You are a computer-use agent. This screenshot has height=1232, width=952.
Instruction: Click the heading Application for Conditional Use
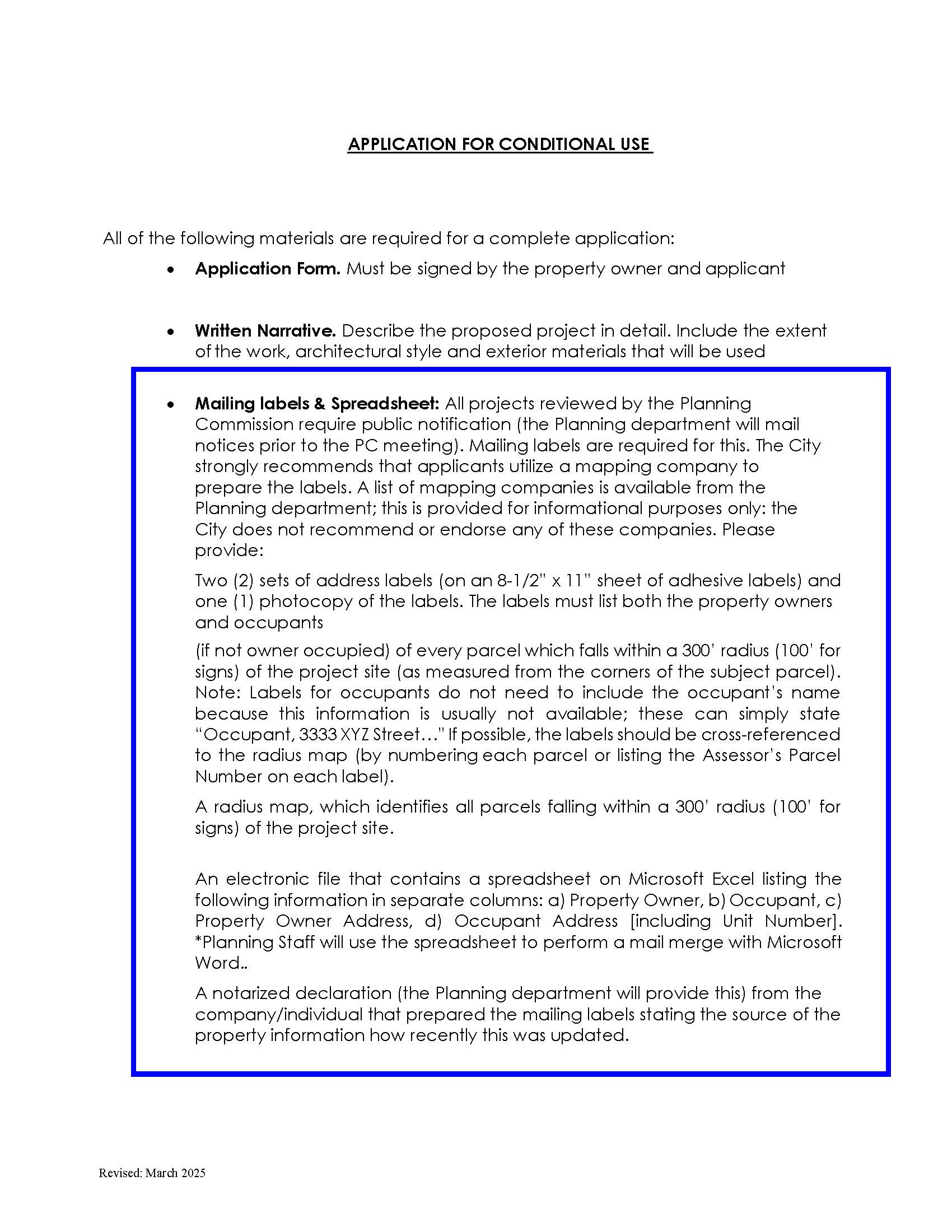(x=500, y=144)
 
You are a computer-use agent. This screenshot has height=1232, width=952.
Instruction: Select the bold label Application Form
(x=267, y=268)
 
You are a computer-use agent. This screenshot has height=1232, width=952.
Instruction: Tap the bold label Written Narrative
(x=265, y=330)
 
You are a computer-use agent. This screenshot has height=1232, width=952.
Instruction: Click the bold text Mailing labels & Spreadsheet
(x=316, y=403)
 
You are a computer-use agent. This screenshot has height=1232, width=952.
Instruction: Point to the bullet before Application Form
(x=170, y=270)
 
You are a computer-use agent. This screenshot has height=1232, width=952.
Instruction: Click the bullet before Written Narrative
(x=170, y=332)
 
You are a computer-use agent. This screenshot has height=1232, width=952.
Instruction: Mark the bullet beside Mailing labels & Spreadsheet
(x=170, y=405)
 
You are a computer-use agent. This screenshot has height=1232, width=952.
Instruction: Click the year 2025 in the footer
(x=193, y=1173)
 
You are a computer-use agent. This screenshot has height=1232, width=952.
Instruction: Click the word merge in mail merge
(x=679, y=942)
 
